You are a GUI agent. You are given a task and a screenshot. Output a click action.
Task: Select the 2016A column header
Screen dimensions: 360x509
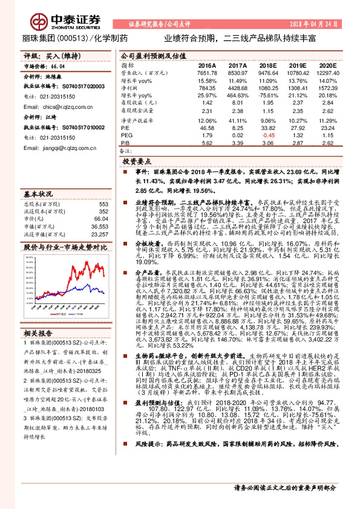click(x=207, y=65)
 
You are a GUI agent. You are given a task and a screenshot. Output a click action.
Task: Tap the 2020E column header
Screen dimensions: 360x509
click(x=326, y=65)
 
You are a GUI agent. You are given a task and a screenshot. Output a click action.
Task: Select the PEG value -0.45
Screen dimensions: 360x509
click(x=267, y=135)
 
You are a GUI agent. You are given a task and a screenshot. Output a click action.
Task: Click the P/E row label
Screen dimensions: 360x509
click(x=125, y=128)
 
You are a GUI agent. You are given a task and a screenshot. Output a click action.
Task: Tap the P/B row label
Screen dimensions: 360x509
click(x=125, y=143)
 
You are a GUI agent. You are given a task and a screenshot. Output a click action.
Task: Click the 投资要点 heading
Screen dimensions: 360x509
click(x=136, y=163)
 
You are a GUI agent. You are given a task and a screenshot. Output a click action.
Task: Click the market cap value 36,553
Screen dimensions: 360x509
click(x=99, y=225)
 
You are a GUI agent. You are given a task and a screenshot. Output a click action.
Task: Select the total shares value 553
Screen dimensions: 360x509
click(x=103, y=204)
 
